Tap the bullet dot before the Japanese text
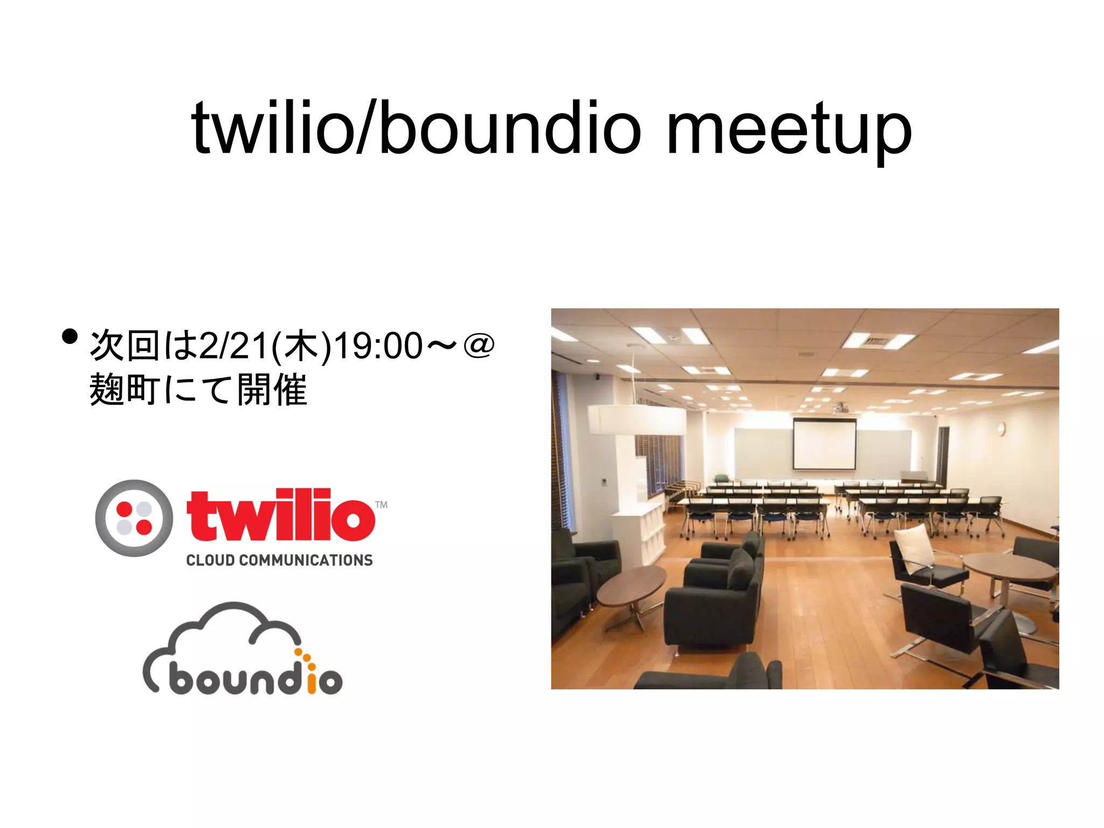point(70,336)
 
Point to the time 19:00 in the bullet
point(378,346)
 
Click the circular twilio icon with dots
point(134,518)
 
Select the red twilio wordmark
point(280,515)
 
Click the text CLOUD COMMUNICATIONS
point(279,561)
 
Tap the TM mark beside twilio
point(381,505)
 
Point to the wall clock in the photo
point(1000,429)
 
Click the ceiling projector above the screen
point(839,408)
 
